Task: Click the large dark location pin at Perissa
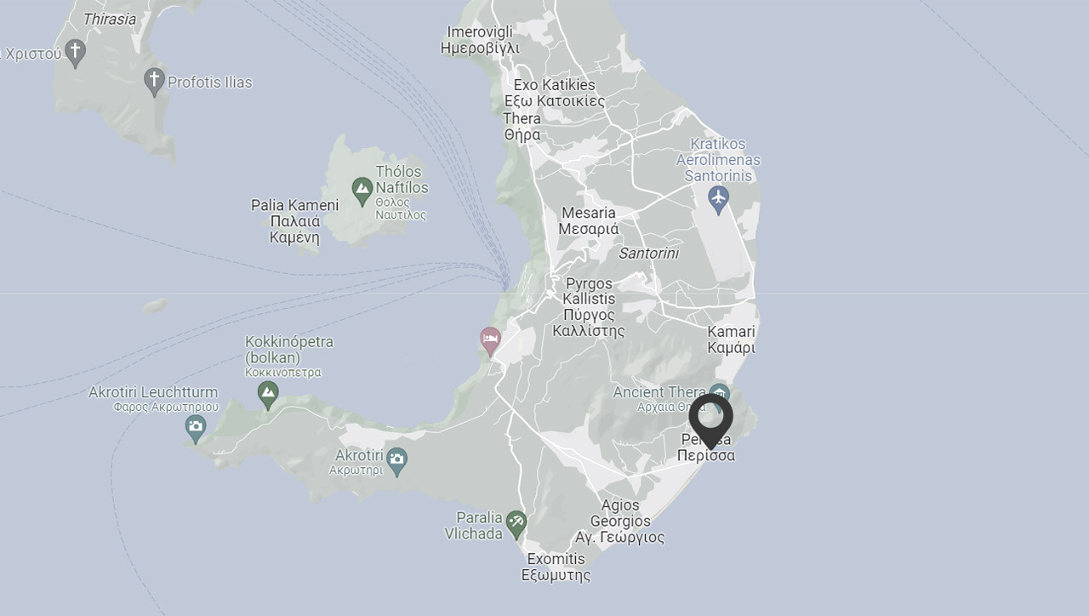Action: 710,418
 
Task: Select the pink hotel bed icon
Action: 490,339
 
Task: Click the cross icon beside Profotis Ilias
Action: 154,81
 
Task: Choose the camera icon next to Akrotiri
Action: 396,461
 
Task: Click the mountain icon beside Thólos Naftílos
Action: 362,189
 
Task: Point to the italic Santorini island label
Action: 648,254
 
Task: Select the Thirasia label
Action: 109,19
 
